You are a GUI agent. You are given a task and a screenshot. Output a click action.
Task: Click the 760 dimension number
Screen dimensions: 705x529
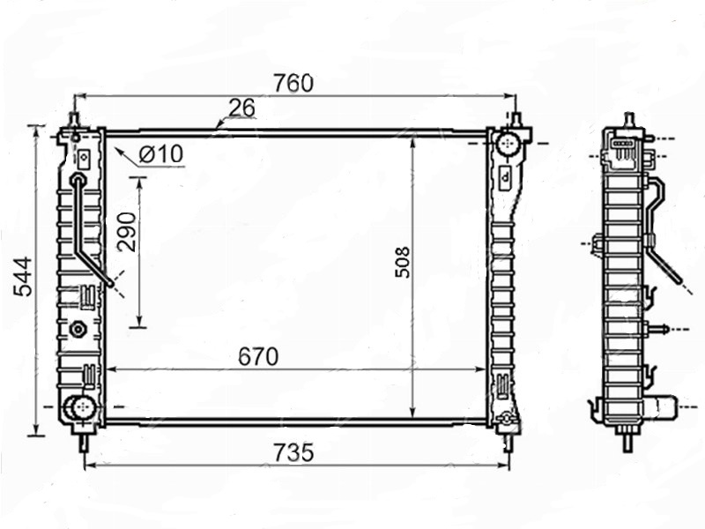pos(293,83)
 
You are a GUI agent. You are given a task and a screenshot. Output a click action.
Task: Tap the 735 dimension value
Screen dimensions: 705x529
pos(293,452)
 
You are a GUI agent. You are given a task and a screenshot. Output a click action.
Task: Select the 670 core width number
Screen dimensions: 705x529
pos(258,357)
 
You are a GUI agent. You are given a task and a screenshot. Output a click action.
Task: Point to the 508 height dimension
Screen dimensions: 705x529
pos(403,262)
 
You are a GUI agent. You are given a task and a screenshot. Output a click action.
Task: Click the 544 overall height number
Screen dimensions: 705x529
pos(23,277)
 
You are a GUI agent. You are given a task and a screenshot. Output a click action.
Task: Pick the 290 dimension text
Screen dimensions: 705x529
pos(126,232)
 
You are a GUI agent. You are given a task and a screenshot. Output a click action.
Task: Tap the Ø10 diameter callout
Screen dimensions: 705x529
pos(161,153)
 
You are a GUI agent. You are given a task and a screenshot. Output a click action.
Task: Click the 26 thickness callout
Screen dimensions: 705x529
pos(241,108)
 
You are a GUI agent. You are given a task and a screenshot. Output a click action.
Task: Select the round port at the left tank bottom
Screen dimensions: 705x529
pos(81,407)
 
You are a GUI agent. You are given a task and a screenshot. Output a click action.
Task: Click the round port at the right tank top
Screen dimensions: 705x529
pos(508,144)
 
